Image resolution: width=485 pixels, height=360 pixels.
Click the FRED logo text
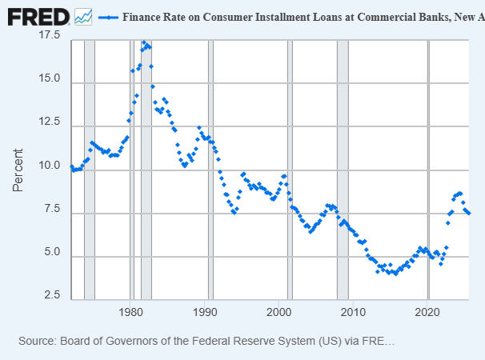37,16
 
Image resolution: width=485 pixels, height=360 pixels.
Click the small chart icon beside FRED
83,16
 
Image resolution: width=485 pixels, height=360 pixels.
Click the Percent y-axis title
18,170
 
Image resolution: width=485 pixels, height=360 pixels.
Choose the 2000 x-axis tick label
280,311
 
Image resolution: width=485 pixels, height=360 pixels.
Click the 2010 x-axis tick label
354,311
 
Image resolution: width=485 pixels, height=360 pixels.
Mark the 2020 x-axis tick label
428,311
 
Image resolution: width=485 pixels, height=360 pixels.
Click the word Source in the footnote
37,342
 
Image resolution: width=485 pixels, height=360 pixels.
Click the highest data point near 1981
144,42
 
